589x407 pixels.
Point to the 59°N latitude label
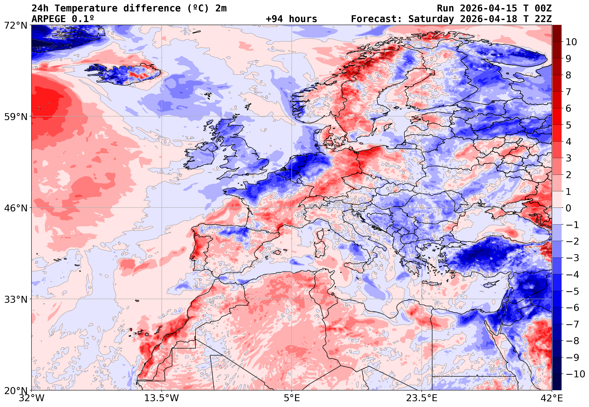15,117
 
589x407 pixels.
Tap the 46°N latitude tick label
15,208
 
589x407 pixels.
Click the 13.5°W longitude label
161,398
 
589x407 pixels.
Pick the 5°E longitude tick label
291,398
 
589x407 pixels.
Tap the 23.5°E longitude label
422,398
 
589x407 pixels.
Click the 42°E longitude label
552,398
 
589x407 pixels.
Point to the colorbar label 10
571,42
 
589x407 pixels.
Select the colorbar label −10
575,374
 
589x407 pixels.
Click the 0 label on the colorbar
569,208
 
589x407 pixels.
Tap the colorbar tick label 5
569,125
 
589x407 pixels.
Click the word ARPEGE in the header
48,19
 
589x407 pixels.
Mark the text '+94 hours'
291,19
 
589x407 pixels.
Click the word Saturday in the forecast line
431,19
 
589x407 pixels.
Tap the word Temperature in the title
86,8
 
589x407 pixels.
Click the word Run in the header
445,8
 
